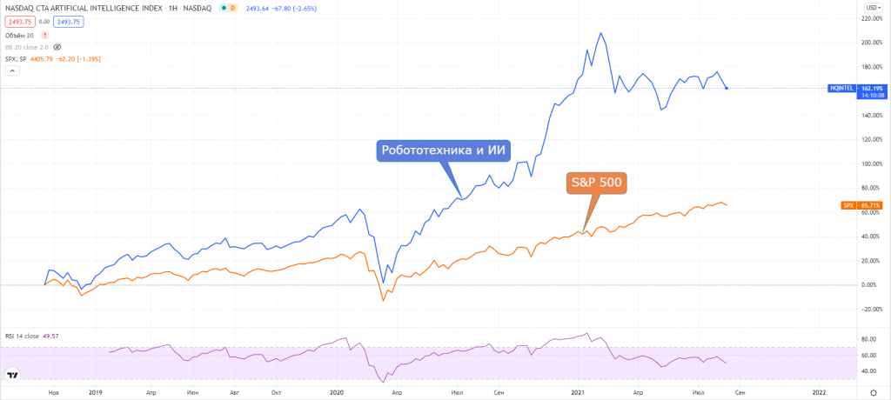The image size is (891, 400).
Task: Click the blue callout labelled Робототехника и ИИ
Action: pos(444,150)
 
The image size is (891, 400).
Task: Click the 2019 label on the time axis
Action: pos(97,393)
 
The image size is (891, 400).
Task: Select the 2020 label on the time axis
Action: pos(338,393)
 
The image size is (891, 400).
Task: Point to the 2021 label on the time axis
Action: pos(578,393)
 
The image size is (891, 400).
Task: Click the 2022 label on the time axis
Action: pos(818,393)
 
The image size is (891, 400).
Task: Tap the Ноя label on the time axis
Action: pos(54,393)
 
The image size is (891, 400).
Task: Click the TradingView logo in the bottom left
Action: pos(14,375)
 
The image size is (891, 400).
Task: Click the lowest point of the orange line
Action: pos(383,301)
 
